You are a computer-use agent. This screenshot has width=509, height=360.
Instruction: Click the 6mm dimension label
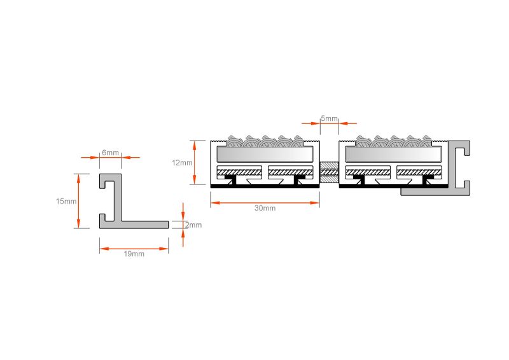[x=110, y=152]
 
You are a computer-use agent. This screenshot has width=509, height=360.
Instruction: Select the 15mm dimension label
[x=66, y=201]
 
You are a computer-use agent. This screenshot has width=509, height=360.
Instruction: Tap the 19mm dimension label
[x=134, y=254]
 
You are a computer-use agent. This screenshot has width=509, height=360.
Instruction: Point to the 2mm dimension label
[x=193, y=225]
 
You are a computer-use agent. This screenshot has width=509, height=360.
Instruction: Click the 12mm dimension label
[x=182, y=163]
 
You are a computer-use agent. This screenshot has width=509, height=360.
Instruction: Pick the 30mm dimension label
[x=265, y=208]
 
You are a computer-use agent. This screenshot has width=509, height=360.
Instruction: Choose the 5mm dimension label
[x=329, y=118]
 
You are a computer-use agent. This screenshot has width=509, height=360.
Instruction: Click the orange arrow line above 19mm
[x=134, y=249]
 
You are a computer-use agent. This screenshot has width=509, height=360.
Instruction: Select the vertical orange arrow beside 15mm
[x=78, y=201]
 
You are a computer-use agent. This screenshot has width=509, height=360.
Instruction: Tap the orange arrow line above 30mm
[x=265, y=203]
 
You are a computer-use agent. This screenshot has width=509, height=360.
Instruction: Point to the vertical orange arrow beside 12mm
[x=195, y=162]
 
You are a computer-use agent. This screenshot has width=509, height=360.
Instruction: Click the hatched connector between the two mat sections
[x=329, y=172]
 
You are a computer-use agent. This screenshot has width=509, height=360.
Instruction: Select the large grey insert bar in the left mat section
[x=265, y=154]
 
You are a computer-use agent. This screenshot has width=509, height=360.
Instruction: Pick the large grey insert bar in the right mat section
[x=393, y=154]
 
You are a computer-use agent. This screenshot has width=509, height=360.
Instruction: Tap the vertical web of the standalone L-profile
[x=118, y=198]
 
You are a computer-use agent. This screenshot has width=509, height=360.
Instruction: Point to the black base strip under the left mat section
[x=265, y=186]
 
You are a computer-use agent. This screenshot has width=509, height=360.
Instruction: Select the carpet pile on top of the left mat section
[x=265, y=141]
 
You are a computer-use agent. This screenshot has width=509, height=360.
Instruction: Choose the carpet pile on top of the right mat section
[x=394, y=141]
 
